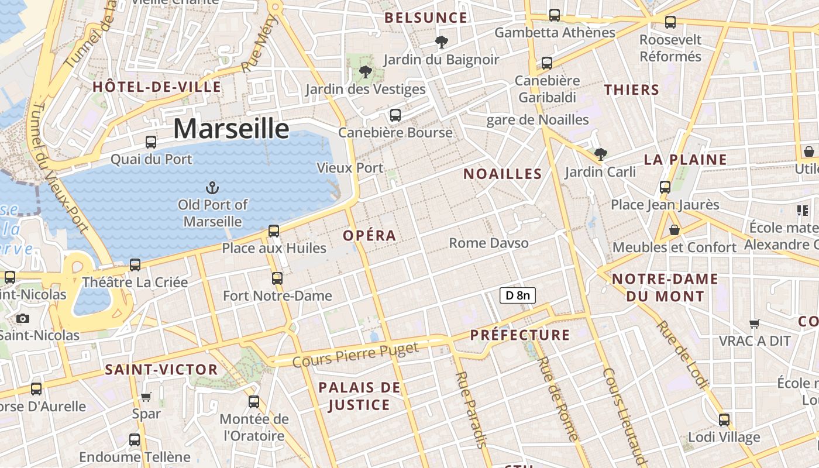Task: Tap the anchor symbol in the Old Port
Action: tap(213, 188)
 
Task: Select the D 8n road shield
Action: tap(518, 295)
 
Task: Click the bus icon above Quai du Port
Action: tap(151, 142)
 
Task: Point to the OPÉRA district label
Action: tap(370, 236)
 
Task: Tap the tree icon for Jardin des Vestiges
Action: tap(366, 73)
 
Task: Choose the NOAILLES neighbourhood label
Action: tap(503, 174)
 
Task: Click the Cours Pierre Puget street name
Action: tap(356, 355)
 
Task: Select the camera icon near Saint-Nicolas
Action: tap(23, 318)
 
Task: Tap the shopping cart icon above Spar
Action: tap(146, 397)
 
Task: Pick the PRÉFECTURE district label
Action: tap(520, 335)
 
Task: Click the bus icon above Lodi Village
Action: tap(724, 419)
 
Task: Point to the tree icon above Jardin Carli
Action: tap(600, 154)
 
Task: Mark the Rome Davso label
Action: tap(488, 243)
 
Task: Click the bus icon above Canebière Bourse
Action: tap(395, 115)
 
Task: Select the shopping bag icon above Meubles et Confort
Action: tap(675, 230)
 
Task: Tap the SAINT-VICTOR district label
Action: tap(161, 370)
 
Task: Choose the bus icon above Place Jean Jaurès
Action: tap(665, 187)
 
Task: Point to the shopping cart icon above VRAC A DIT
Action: tap(755, 324)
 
